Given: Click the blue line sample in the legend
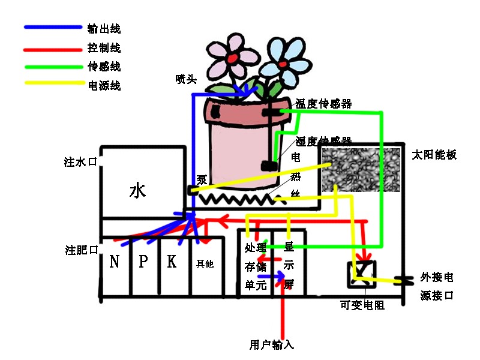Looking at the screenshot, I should coord(53,28).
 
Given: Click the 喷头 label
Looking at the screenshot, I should coord(186,79).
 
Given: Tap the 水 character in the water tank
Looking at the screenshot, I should coord(137,191).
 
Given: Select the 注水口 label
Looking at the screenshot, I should coord(80,162).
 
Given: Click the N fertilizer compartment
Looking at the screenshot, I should coord(115,262).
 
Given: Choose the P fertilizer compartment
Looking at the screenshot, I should coord(143,262).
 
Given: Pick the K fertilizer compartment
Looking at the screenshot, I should coord(172,262).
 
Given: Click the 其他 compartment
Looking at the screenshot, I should coord(205,263).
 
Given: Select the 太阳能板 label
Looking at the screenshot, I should coord(434,155).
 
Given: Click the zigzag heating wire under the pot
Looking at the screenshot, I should coord(237,199).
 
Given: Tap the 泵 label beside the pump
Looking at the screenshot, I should coord(202,180).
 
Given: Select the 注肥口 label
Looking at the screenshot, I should coord(81,250).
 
